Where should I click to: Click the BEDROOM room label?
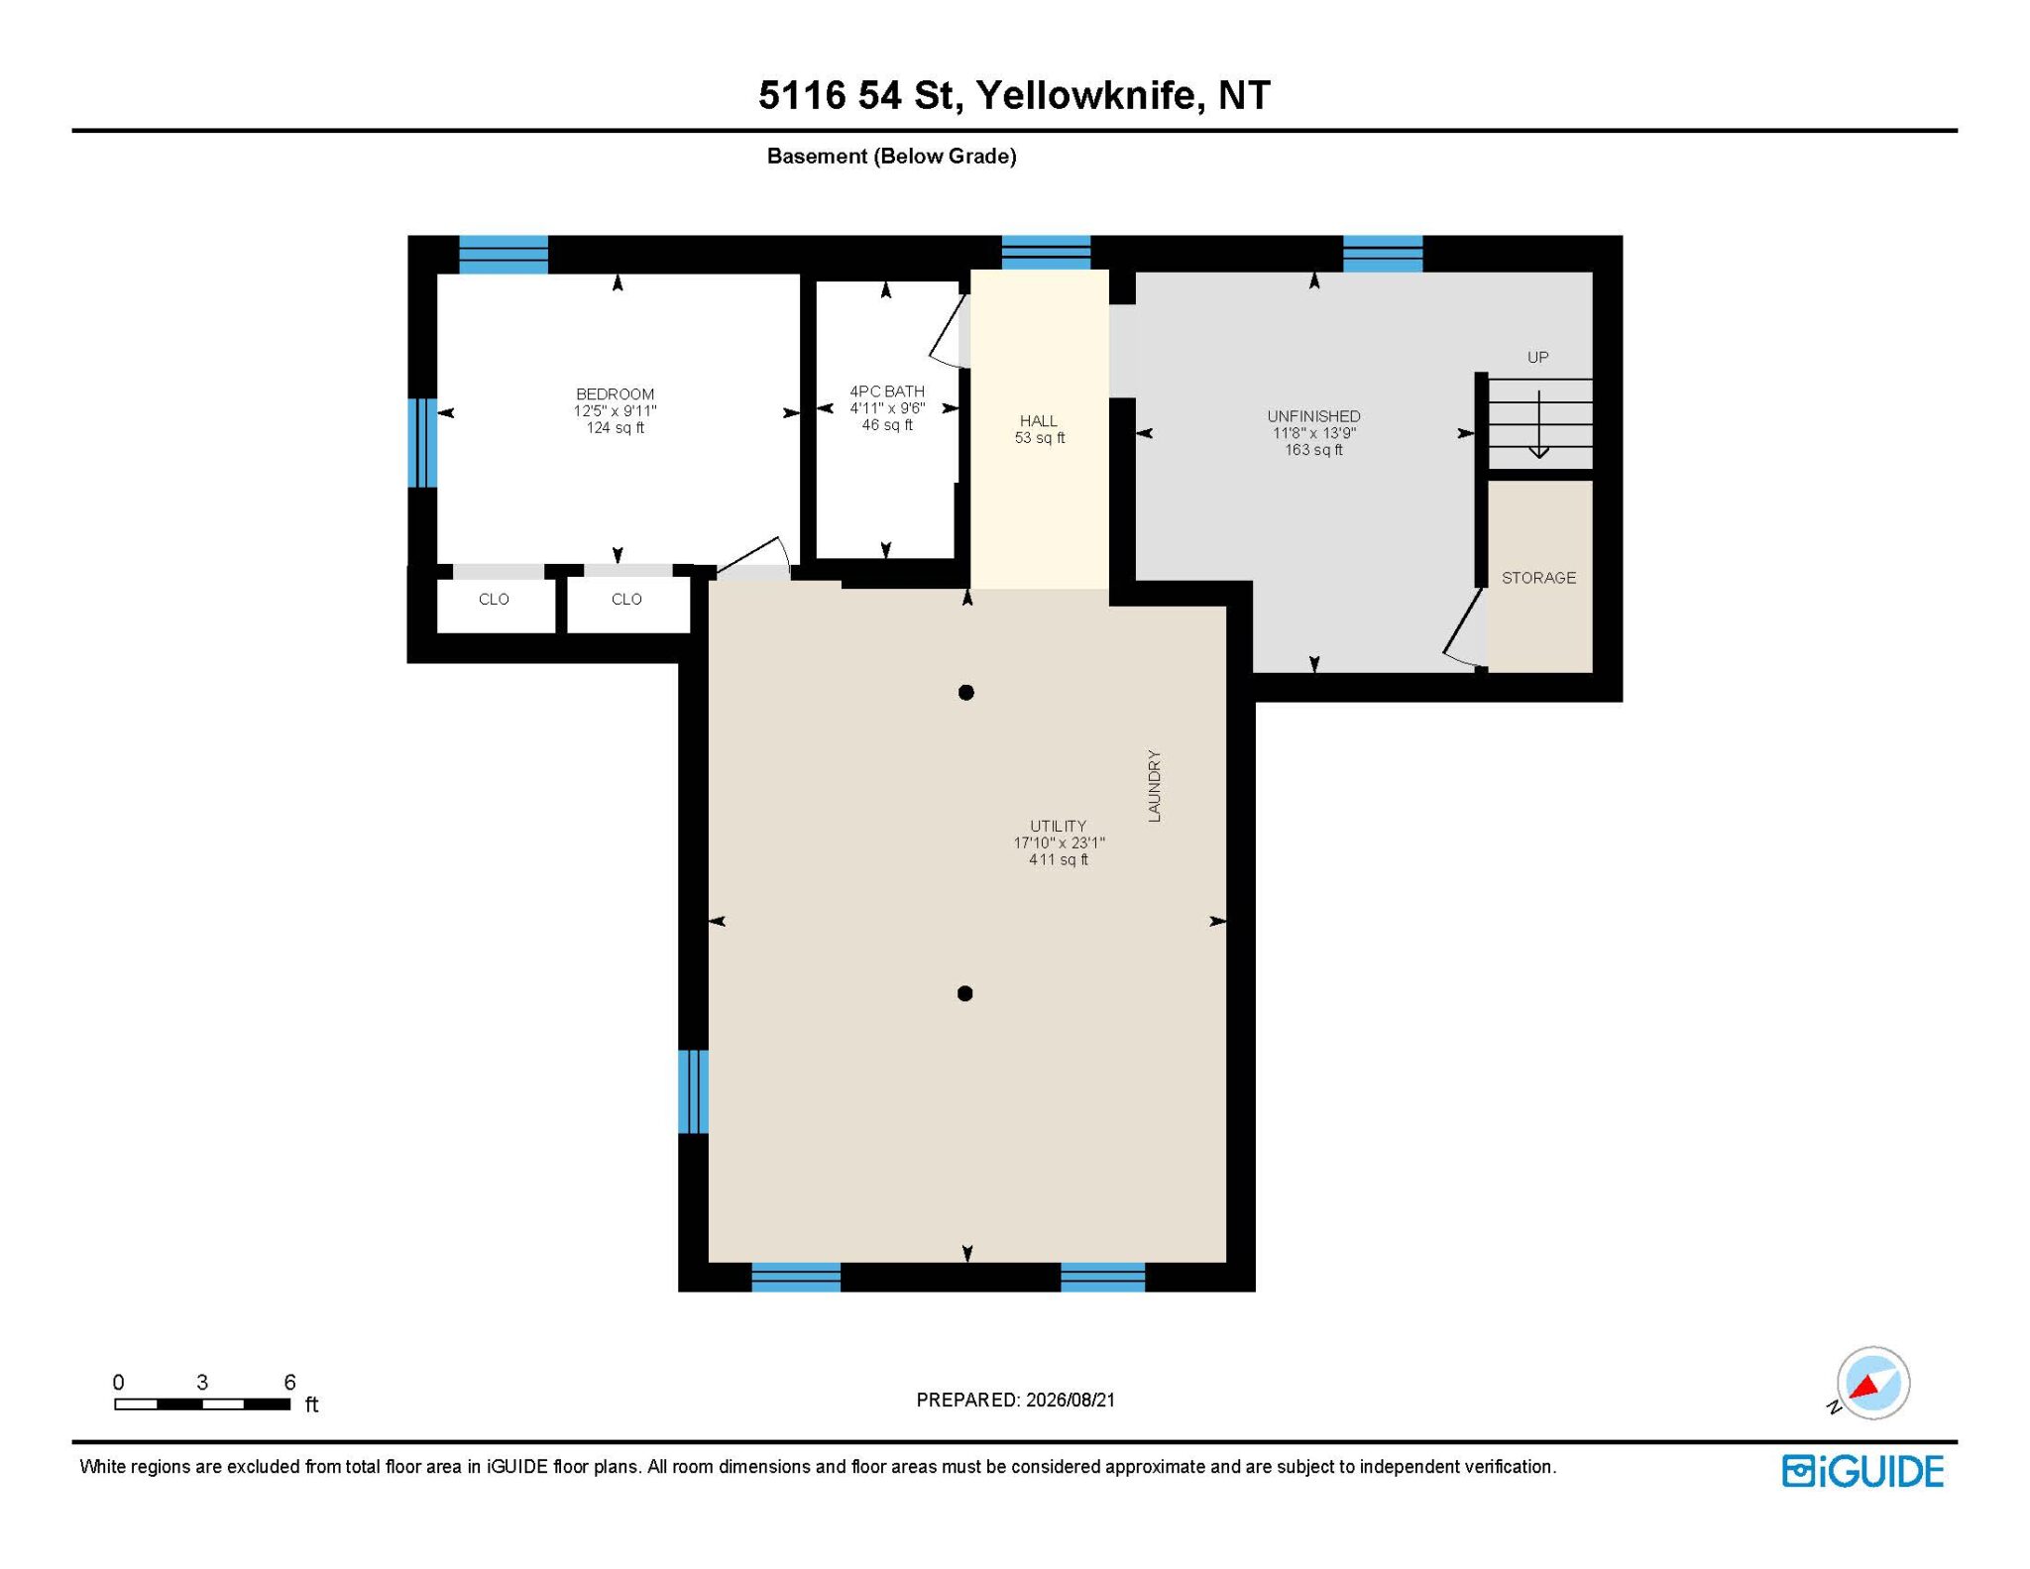(615, 394)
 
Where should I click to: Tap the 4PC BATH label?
(887, 392)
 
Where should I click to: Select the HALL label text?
(1039, 421)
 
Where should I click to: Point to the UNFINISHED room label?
(1313, 416)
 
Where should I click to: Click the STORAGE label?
(1538, 578)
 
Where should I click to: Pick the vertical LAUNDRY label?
(1154, 786)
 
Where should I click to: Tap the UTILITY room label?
(1058, 826)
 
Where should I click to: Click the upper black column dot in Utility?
(966, 693)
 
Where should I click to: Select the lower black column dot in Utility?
(965, 993)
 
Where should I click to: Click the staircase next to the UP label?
(1540, 423)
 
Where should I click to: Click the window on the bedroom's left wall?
(422, 442)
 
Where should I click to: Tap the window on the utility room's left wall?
(693, 1090)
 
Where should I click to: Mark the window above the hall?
(1046, 253)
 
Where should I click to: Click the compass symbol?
(1872, 1383)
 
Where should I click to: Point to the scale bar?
(202, 1403)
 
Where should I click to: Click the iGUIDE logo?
(1862, 1471)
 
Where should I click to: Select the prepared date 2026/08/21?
(1071, 1400)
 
